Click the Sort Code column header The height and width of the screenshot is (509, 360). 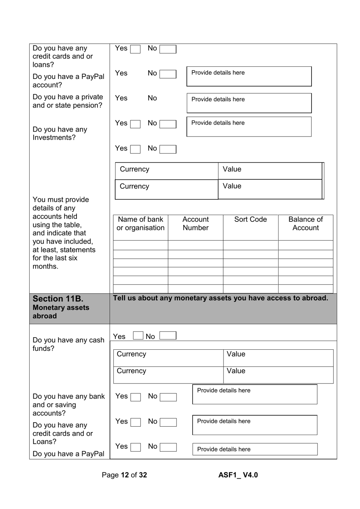click(250, 220)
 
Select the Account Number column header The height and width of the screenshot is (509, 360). click(196, 223)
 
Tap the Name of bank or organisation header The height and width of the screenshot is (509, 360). click(140, 223)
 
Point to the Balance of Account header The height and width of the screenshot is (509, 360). click(305, 223)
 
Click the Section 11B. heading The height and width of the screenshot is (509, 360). click(58, 299)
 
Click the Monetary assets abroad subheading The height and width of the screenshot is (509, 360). click(61, 312)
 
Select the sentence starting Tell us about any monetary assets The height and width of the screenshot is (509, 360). click(221, 298)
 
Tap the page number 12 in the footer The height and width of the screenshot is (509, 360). click(125, 475)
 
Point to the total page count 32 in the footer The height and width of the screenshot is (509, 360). click(143, 475)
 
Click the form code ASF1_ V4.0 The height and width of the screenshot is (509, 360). click(238, 475)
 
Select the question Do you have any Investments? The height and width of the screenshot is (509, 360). click(60, 134)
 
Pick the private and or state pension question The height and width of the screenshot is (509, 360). click(67, 101)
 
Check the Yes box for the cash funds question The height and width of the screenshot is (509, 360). click(138, 336)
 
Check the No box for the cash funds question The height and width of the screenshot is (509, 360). click(168, 336)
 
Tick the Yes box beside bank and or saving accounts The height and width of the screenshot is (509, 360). click(135, 397)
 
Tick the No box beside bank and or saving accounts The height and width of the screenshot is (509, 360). click(168, 397)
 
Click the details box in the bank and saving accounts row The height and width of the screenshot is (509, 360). click(255, 394)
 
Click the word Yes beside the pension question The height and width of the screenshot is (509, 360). click(121, 98)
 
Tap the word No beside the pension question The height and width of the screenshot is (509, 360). click(152, 98)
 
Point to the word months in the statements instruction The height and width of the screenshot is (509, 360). click(45, 267)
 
